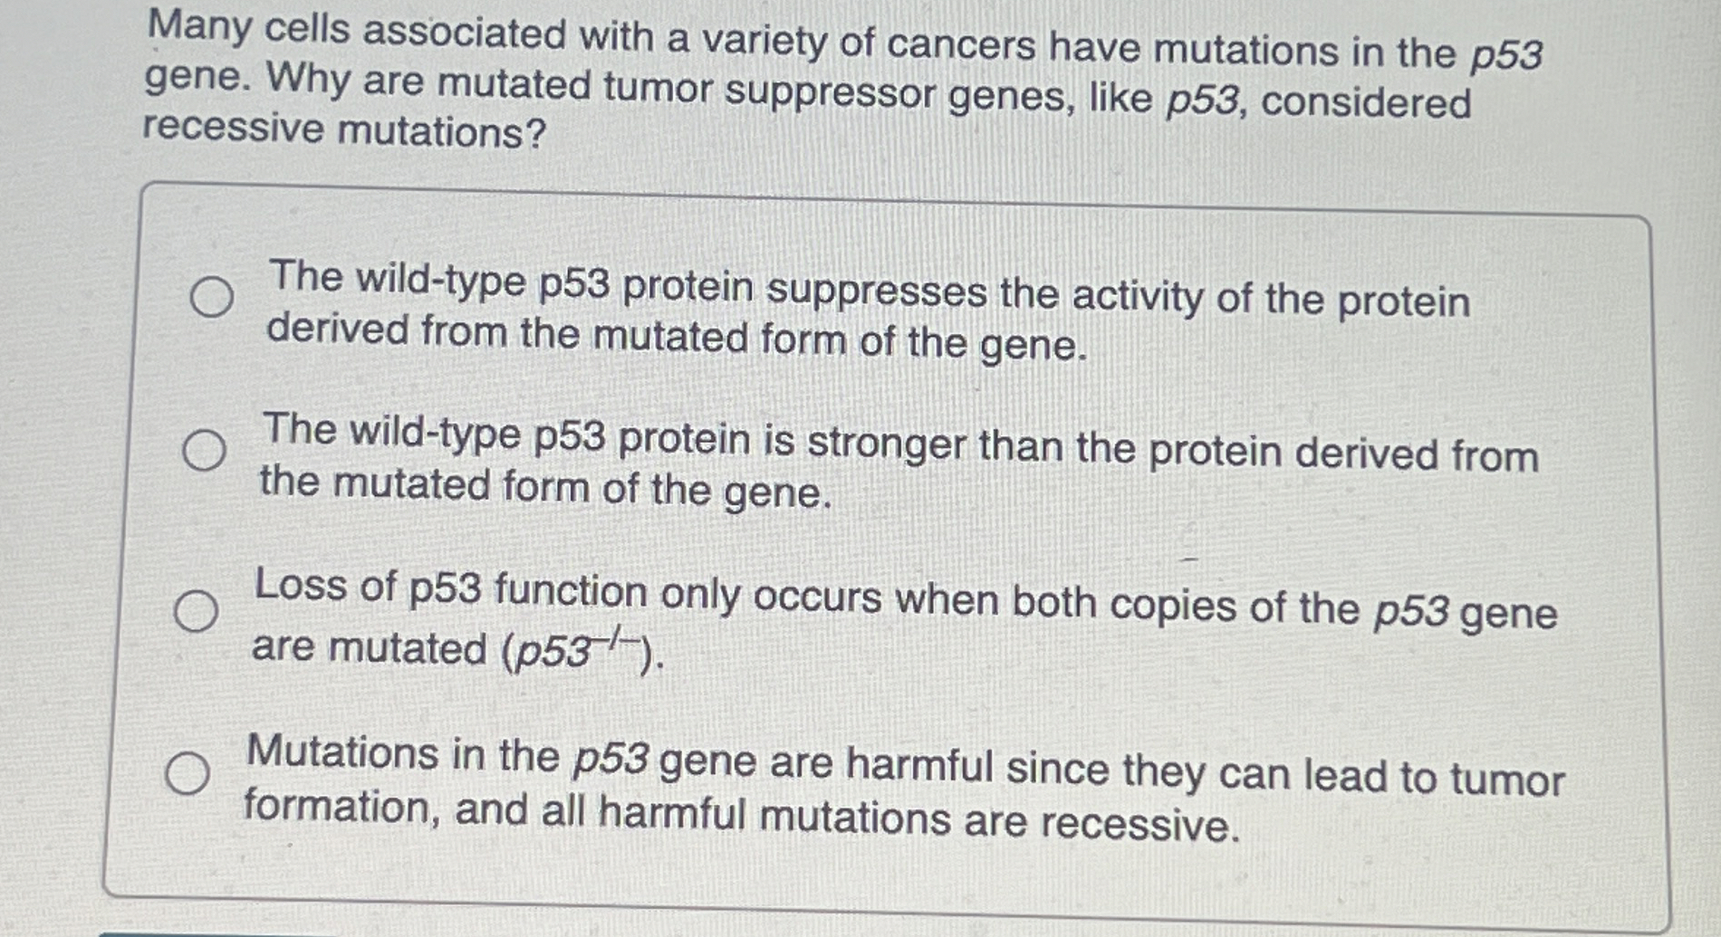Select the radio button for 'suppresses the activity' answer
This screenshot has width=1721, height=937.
[x=212, y=297]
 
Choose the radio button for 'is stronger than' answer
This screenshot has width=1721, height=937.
[x=204, y=450]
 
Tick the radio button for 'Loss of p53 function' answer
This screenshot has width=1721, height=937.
[x=196, y=611]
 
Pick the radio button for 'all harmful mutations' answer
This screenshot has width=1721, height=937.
[x=187, y=774]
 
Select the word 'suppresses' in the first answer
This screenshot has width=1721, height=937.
[x=877, y=292]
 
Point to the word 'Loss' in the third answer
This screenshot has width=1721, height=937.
[x=300, y=585]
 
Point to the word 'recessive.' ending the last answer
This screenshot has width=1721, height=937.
[x=1139, y=824]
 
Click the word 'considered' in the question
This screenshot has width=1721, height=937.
[x=1366, y=102]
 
